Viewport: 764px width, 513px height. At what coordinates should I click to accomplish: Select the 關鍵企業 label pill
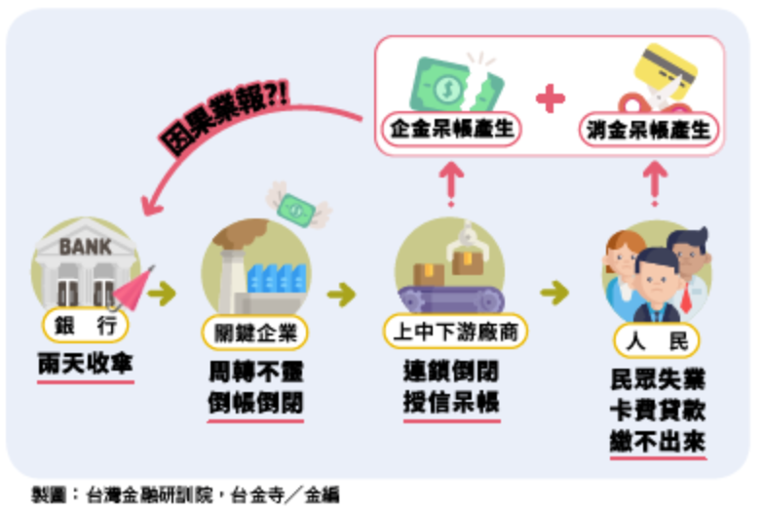[255, 332]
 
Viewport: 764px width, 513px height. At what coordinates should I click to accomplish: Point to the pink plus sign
[551, 98]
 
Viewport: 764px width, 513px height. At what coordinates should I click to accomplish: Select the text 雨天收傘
[86, 366]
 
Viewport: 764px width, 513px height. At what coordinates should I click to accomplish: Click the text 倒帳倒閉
[255, 403]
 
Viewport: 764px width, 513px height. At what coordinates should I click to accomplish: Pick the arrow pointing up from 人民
[656, 180]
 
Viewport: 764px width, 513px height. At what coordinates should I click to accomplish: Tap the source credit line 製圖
[185, 494]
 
